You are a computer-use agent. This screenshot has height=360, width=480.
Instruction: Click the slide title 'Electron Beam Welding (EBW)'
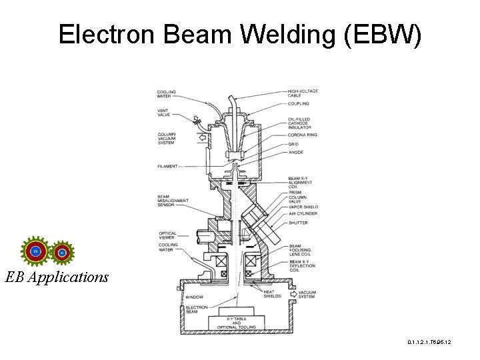click(240, 35)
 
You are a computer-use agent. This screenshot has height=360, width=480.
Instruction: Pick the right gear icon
click(61, 252)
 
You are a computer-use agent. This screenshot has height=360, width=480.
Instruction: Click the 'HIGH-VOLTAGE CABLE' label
click(303, 93)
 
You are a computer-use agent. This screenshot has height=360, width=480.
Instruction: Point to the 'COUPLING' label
click(299, 103)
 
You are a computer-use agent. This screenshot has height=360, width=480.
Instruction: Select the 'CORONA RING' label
click(303, 135)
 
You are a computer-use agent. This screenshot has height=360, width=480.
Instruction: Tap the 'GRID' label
click(293, 144)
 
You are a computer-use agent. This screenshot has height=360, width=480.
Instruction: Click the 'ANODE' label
click(295, 152)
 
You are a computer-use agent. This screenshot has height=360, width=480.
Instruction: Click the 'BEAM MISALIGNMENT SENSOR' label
click(173, 201)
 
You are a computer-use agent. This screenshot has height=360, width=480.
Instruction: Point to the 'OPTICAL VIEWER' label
click(167, 235)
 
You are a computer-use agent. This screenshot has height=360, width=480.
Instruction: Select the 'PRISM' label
click(295, 192)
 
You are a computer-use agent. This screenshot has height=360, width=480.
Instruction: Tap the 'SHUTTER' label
click(298, 223)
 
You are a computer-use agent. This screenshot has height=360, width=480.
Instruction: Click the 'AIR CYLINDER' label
click(303, 213)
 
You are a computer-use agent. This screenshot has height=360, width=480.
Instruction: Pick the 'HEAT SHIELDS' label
click(272, 294)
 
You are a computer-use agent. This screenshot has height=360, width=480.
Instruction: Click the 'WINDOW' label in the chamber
click(195, 297)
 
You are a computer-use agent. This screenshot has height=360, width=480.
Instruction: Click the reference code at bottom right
click(429, 342)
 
